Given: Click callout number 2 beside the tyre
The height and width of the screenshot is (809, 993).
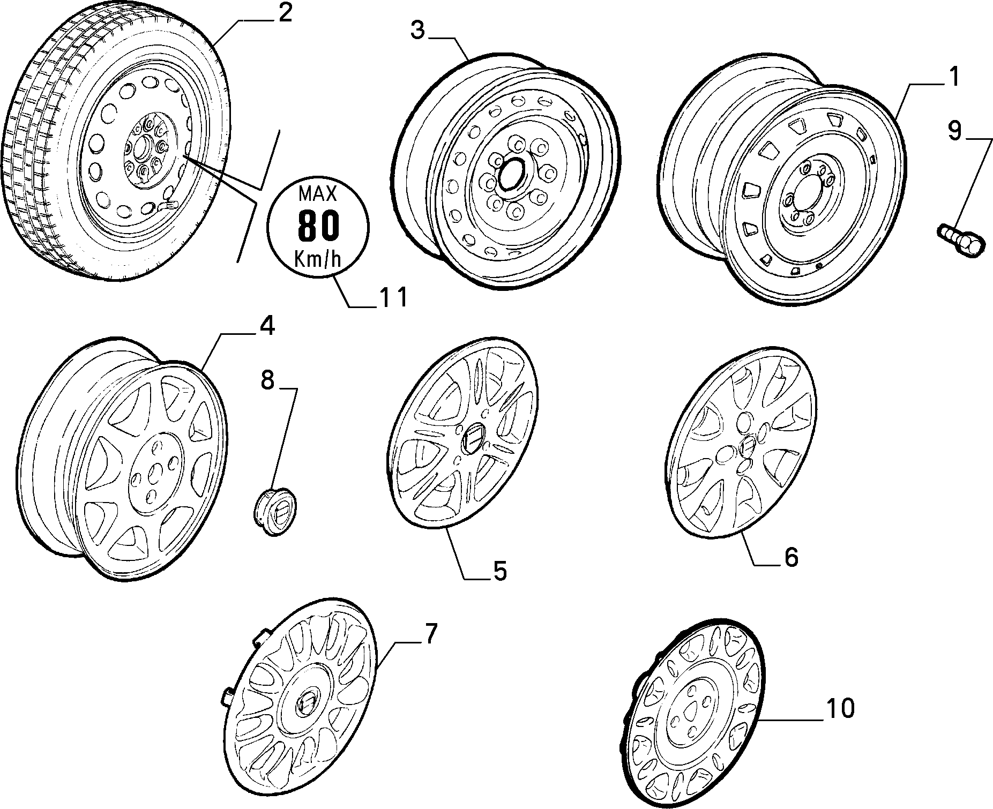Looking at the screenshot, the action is tap(284, 13).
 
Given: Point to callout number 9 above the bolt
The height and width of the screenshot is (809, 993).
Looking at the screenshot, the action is tap(954, 131).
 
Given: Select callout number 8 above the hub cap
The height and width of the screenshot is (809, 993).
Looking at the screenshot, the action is tap(267, 380).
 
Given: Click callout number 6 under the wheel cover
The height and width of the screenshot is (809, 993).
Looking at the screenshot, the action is tap(790, 557).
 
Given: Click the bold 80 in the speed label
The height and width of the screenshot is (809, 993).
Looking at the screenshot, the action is tap(318, 225).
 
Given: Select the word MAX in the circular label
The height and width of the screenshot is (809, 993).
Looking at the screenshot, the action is tap(318, 193).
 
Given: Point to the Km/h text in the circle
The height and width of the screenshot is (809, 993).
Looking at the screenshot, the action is tap(318, 259).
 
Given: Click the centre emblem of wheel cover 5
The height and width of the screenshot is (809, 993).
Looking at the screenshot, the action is tap(472, 437).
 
